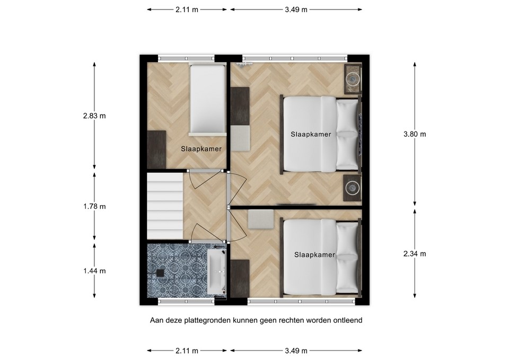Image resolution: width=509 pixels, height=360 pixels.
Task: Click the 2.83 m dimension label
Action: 94,116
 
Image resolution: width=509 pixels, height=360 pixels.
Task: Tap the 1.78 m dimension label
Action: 94,206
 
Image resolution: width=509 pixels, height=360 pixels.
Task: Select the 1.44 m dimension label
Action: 94,271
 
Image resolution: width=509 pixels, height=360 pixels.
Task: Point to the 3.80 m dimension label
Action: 415,134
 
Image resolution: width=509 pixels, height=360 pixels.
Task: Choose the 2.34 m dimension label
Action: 415,254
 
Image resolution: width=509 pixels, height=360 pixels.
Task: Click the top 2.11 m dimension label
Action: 187,10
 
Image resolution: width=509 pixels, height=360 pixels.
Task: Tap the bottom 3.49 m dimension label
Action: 296,350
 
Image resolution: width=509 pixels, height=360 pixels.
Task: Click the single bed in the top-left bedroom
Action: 207,99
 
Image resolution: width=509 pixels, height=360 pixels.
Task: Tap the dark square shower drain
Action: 160,273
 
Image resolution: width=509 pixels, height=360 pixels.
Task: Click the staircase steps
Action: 165,206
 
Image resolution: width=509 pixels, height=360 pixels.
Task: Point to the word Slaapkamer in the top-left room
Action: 201,149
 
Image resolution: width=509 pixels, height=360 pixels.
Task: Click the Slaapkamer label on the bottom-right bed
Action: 314,255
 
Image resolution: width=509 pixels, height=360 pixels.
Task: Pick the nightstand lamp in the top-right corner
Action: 353,78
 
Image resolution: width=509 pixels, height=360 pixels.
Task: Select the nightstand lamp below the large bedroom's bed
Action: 352,187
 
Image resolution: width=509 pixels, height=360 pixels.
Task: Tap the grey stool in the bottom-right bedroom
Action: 261,219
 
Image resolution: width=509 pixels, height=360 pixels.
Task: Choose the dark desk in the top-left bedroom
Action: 156,150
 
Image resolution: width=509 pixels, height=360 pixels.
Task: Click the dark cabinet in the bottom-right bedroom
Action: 240,278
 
